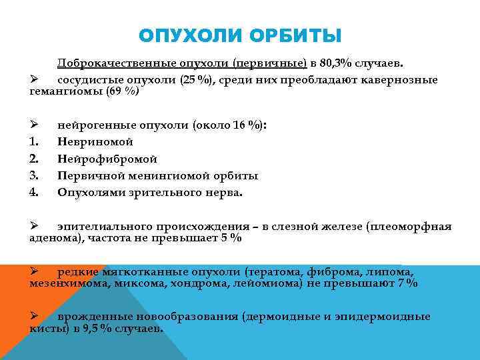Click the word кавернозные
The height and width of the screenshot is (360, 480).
click(399, 80)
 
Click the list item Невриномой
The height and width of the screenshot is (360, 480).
click(95, 141)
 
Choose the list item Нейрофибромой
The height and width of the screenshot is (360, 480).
click(107, 159)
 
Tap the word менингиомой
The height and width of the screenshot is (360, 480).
click(170, 176)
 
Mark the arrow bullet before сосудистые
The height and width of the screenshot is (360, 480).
click(35, 80)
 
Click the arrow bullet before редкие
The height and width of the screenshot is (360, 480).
click(35, 271)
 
